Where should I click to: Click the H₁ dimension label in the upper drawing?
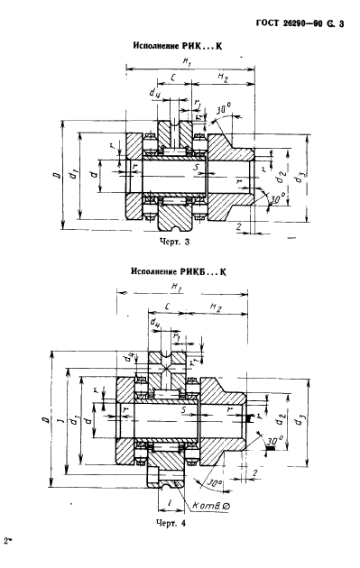tap(188, 62)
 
